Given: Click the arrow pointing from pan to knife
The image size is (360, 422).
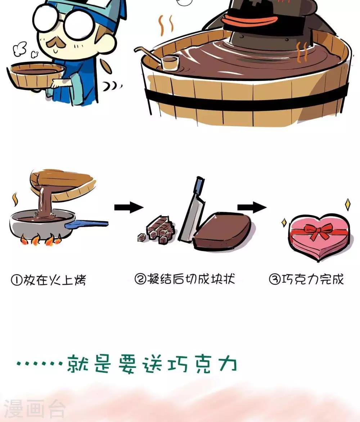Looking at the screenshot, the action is pos(129,207).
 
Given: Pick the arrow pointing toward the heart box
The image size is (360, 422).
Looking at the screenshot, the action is pos(252,207).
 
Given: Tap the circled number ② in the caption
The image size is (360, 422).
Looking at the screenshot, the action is pos(140,279).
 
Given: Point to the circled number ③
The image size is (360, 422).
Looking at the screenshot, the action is pos(275,279).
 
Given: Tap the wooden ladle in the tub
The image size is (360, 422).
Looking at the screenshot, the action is pos(161,59).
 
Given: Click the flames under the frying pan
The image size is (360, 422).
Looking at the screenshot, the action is pos(40,239).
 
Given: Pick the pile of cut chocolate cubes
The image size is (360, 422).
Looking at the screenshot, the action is pos(157,230).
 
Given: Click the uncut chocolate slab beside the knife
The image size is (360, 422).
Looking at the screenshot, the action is pos(222,230).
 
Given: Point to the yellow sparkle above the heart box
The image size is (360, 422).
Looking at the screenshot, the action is pos(348,205).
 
